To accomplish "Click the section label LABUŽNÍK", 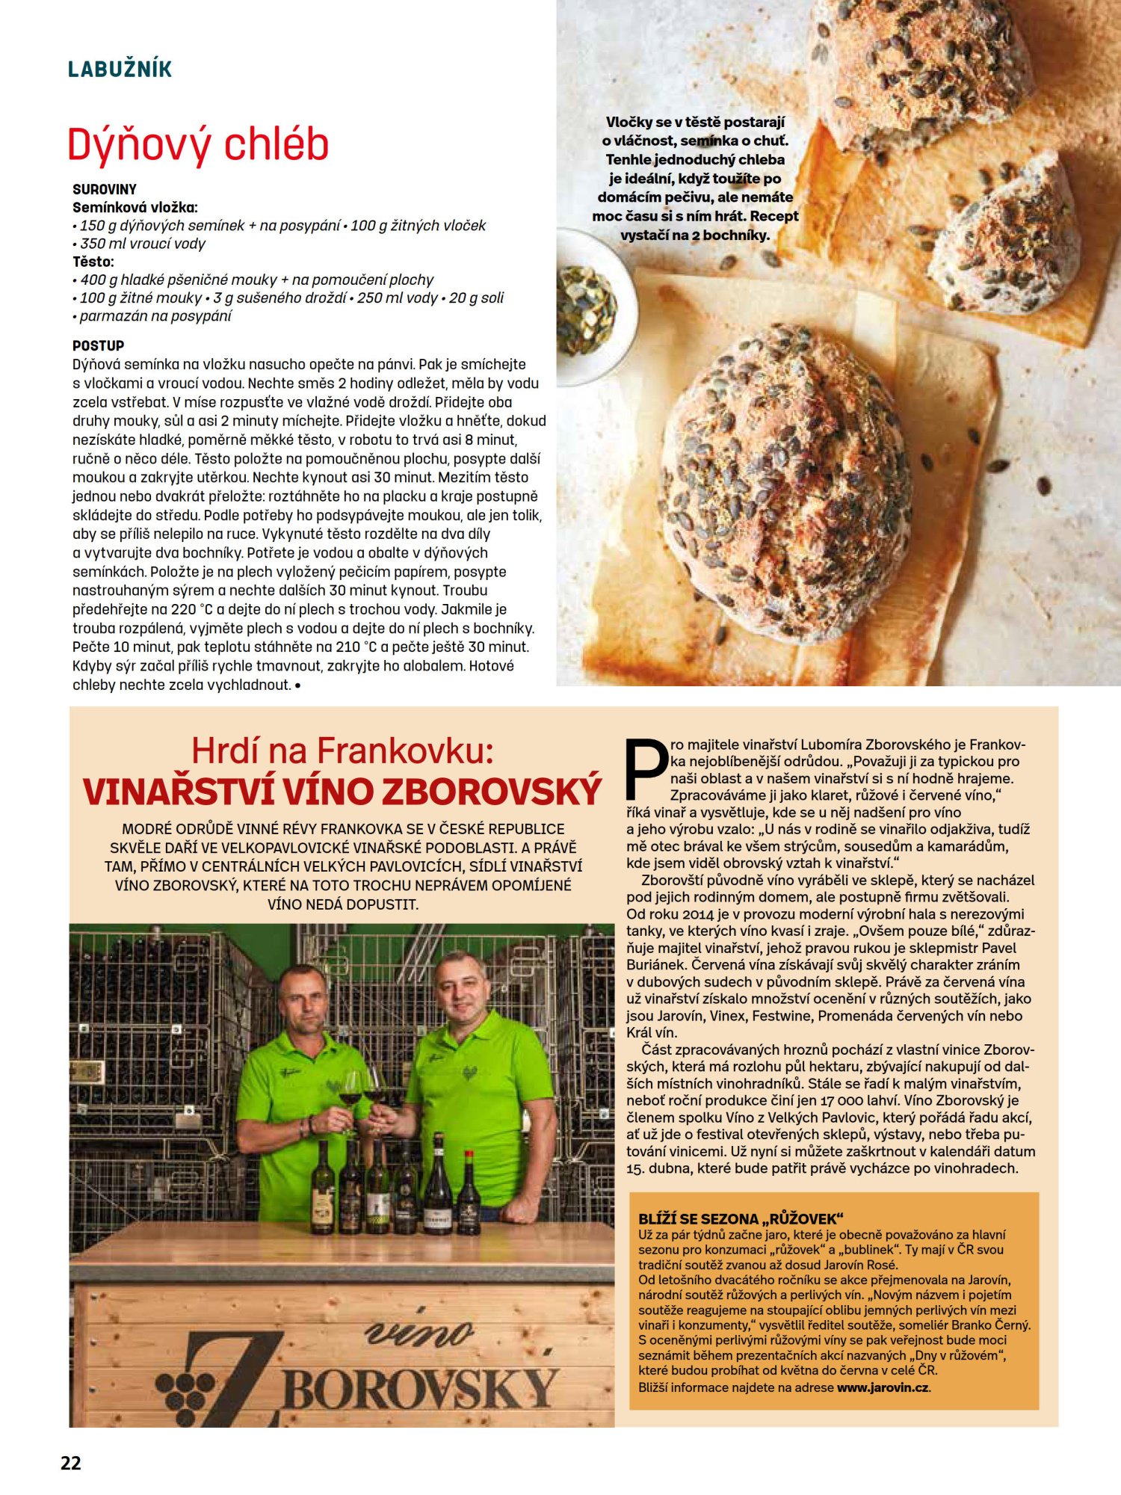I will pos(120,70).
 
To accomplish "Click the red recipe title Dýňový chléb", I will pos(198,144).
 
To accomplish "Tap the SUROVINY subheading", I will pos(105,189).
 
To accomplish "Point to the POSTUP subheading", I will pos(98,345).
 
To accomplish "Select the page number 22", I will pos(71,1463).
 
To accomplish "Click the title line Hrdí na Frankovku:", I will pos(342,750).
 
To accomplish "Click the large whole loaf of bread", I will pos(785,482).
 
